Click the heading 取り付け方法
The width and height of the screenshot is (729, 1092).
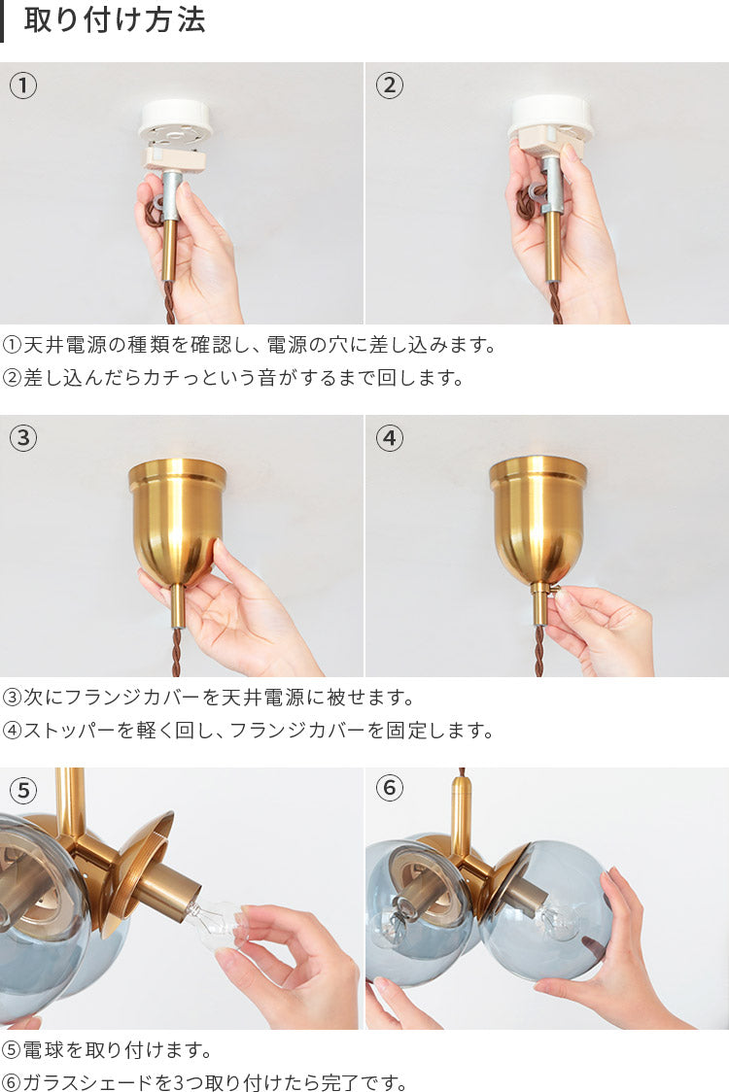(x=115, y=21)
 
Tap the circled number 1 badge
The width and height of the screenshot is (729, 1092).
(x=23, y=85)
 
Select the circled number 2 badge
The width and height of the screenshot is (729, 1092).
(x=389, y=85)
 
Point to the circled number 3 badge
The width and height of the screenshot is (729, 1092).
(x=23, y=438)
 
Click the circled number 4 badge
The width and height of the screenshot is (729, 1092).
(x=389, y=438)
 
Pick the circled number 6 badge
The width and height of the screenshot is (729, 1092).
(x=389, y=788)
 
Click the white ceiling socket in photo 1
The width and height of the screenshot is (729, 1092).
(x=175, y=121)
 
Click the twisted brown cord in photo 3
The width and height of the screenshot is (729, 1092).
(x=176, y=652)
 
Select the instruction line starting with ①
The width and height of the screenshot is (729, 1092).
(x=249, y=345)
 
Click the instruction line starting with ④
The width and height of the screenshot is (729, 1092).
(x=248, y=730)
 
